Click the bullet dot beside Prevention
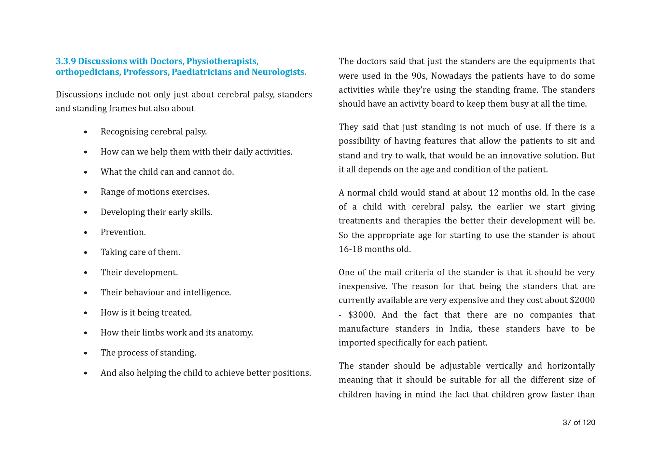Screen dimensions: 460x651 coord(86,233)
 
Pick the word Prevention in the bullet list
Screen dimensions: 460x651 coord(123,232)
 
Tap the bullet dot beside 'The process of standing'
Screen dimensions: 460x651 coord(86,353)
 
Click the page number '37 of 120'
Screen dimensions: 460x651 coord(579,423)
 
